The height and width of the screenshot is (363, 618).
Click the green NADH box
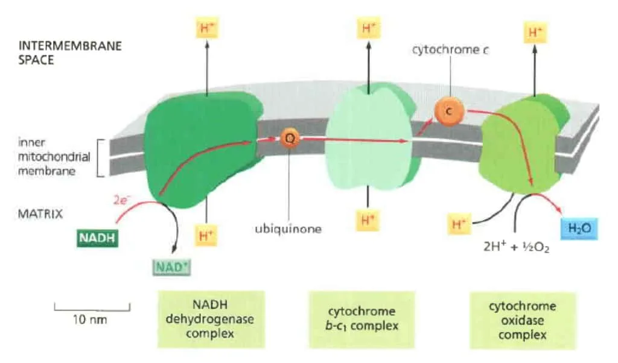pos(97,238)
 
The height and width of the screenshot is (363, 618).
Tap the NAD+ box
pos(171,267)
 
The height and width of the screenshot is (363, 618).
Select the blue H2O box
pos(579,229)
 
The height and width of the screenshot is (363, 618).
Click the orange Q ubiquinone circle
pos(290,138)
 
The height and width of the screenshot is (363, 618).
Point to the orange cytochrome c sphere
pos(449,112)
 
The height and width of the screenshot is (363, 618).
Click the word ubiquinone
pos(288,229)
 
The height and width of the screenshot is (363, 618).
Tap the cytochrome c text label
pos(450,50)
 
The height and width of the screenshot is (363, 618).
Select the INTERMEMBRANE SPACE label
pos(70,52)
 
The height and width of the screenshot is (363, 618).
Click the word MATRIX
pos(40,214)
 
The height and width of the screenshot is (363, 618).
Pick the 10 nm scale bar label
pos(90,320)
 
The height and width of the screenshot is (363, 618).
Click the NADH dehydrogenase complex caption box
pos(211,319)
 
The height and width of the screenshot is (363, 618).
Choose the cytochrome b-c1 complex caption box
pos(362,320)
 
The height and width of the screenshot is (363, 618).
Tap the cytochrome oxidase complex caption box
pos(522,320)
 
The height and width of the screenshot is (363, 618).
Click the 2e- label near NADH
pos(121,200)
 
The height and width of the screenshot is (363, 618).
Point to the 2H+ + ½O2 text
pos(517,247)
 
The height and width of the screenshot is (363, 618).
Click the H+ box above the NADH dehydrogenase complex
pos(207,28)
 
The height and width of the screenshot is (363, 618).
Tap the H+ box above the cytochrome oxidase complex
pos(535,33)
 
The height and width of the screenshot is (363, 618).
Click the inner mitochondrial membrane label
pos(54,157)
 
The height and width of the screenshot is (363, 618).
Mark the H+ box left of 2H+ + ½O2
pos(459,224)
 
